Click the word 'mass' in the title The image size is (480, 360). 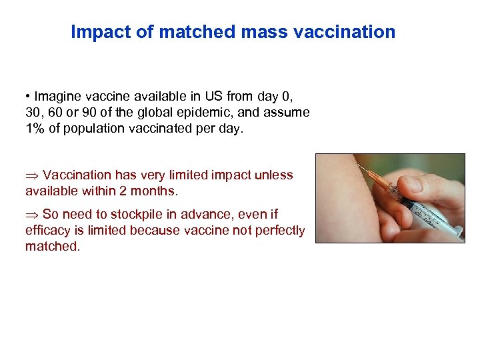coord(254,32)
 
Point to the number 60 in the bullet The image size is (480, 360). coord(55,112)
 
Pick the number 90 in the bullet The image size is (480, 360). coord(91,112)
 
